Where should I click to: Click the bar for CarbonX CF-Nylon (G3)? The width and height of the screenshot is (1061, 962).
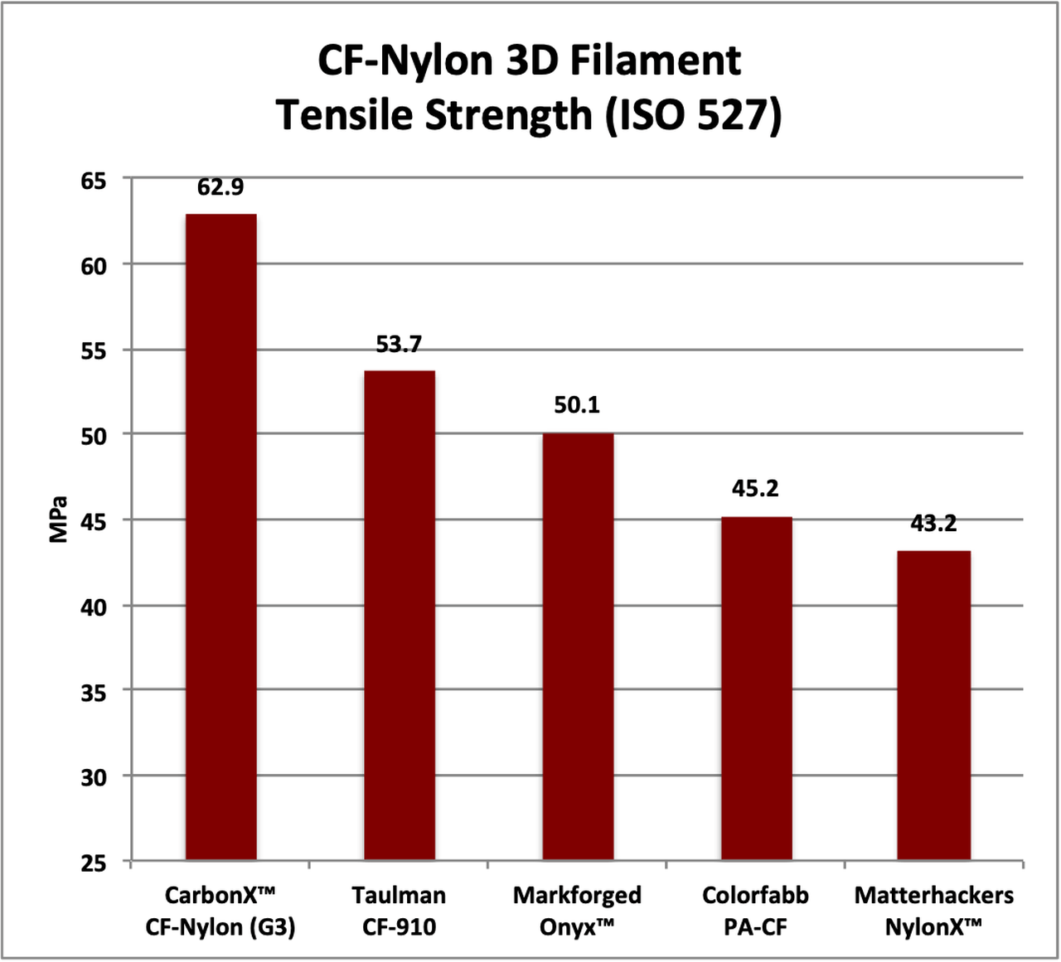click(x=220, y=537)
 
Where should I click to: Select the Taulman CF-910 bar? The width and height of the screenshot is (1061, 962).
click(x=400, y=615)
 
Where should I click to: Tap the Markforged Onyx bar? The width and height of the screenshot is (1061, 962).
click(x=578, y=646)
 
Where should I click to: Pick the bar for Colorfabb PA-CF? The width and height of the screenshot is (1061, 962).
click(x=756, y=688)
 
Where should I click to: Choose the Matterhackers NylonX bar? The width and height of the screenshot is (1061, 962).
click(x=933, y=704)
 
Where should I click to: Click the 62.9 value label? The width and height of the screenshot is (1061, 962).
click(x=220, y=187)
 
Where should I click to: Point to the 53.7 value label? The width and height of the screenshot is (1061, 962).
click(x=400, y=344)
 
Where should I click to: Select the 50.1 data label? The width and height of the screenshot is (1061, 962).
click(x=577, y=405)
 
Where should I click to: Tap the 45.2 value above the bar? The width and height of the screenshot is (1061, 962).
click(x=755, y=489)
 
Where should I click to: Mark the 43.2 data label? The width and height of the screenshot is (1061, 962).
click(x=933, y=524)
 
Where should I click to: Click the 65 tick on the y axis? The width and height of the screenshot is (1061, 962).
click(x=94, y=180)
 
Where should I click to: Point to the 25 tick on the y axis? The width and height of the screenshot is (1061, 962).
click(x=94, y=863)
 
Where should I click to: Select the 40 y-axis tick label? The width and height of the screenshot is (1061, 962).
click(x=94, y=607)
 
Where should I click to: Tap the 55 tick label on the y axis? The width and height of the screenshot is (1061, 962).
click(x=94, y=351)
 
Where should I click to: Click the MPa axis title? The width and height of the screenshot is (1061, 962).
click(x=58, y=519)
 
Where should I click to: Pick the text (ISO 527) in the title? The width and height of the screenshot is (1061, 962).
click(x=693, y=114)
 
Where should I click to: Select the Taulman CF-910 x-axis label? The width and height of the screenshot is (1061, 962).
click(x=399, y=911)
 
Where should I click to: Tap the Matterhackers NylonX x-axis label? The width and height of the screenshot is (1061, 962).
click(x=933, y=911)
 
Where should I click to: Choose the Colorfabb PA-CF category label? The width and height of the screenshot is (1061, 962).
click(x=755, y=911)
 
